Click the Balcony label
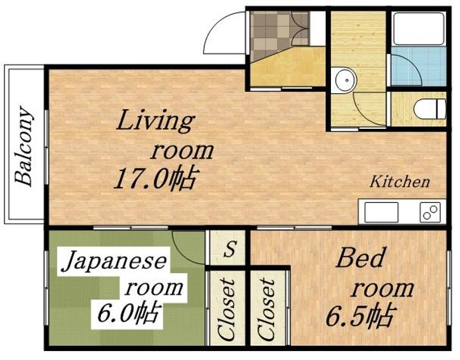(24, 146)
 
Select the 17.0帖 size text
(154, 179)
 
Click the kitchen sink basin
(381, 213)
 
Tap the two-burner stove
(430, 212)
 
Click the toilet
(430, 109)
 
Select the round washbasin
(346, 80)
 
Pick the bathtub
(418, 29)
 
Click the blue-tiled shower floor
(418, 66)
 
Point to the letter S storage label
(230, 249)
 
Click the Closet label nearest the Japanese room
(226, 310)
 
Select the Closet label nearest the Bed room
(266, 310)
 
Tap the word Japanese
(114, 262)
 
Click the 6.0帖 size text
(129, 313)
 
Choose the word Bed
(360, 257)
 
